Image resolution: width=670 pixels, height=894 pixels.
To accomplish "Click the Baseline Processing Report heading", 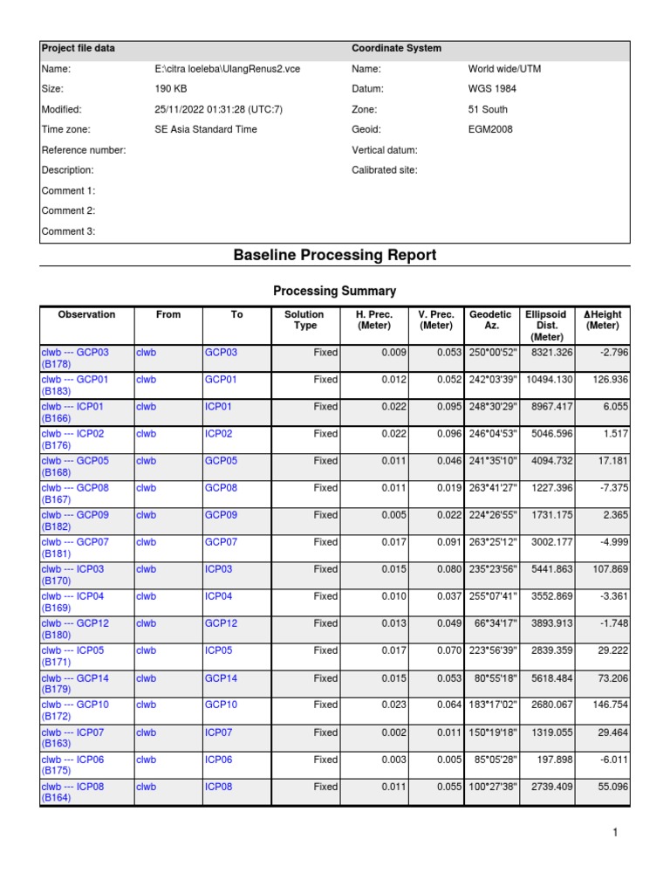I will (x=335, y=255).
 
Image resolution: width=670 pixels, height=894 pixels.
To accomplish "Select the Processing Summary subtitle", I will (x=335, y=291).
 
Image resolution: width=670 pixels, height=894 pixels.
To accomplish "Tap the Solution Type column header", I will (x=304, y=320).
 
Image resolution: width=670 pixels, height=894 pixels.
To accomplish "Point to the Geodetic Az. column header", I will (x=490, y=320).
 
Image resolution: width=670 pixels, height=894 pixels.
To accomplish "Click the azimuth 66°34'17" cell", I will (x=493, y=623).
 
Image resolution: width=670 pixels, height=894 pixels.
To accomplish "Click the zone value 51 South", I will (x=488, y=110).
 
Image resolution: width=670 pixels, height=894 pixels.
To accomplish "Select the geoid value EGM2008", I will (x=490, y=130).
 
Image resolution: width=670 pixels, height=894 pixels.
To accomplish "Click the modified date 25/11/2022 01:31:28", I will (x=218, y=110).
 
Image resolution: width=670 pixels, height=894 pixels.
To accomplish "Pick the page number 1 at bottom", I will (x=615, y=833).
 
